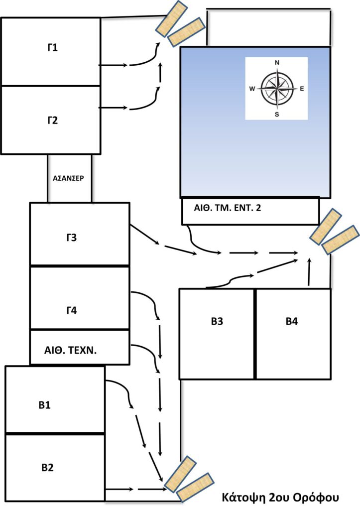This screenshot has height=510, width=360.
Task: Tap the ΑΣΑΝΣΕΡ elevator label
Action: [69, 178]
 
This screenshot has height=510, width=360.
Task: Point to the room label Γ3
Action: [71, 238]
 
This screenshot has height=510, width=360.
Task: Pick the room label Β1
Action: [45, 404]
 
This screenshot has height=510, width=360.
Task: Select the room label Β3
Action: [217, 321]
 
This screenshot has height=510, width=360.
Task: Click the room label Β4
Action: [292, 321]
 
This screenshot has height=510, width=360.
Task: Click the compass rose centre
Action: [276, 89]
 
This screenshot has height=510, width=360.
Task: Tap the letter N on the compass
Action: [277, 63]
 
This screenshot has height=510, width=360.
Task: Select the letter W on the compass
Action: [252, 89]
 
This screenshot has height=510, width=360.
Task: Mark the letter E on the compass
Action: [301, 89]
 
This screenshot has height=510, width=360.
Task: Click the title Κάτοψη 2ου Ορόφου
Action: [280, 497]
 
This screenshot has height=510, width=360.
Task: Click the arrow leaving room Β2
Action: [120, 490]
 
